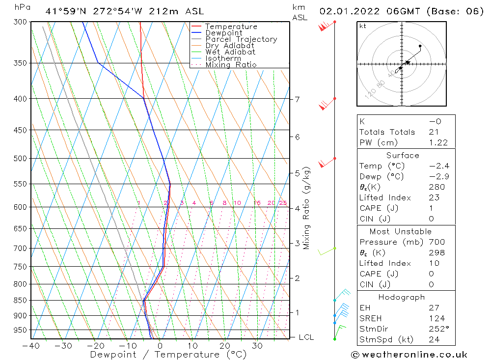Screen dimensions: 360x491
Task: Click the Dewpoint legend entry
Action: (x=223, y=33)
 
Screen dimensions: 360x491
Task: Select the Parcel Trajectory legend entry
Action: (x=241, y=39)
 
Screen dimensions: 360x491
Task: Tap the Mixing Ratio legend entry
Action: (x=230, y=64)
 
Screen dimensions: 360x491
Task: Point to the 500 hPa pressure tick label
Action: (x=20, y=158)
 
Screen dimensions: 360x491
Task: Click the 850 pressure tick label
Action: (x=20, y=300)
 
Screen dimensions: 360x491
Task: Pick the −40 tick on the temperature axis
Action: (x=31, y=346)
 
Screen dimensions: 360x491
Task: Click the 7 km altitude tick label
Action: (x=297, y=99)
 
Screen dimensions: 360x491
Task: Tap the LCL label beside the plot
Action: (x=306, y=337)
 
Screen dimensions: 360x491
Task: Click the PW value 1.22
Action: (x=438, y=142)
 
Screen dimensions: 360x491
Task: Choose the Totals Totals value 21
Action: (x=434, y=132)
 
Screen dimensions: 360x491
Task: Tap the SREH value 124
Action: (x=436, y=318)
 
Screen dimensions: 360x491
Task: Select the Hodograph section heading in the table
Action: (x=402, y=297)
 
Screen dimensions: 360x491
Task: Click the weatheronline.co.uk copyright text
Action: (x=409, y=355)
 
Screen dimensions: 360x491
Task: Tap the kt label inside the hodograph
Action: (x=363, y=26)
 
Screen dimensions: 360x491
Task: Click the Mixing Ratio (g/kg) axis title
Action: (x=307, y=208)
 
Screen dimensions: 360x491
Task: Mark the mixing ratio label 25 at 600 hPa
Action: (x=283, y=203)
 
